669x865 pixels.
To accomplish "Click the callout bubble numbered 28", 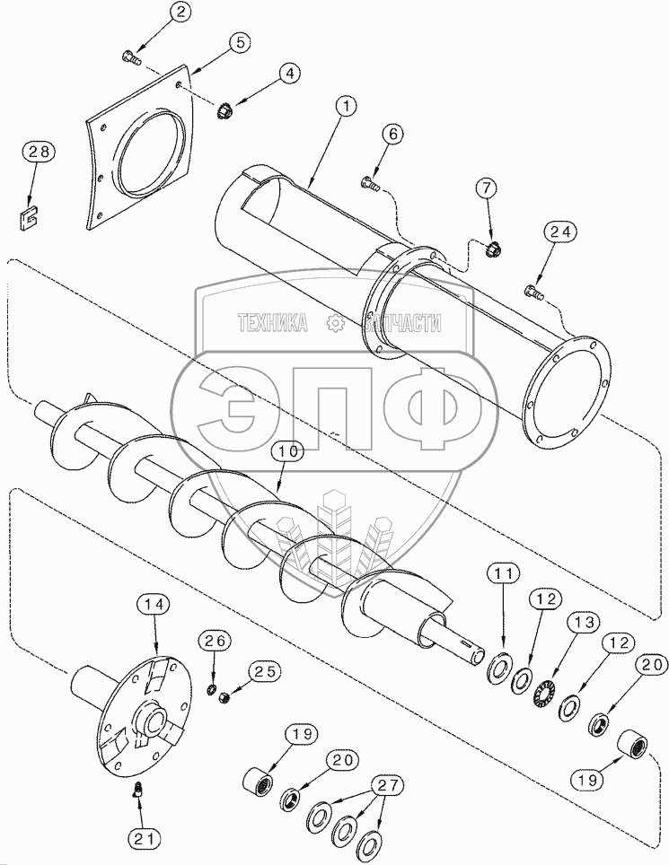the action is tap(39, 151).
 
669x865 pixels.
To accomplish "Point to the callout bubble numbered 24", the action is tap(561, 232).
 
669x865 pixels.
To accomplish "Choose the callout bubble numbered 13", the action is tap(584, 623).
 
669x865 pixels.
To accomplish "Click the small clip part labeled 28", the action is tap(26, 219).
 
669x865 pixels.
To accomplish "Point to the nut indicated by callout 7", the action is tap(490, 250).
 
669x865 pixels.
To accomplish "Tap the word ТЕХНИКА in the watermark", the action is tap(272, 323).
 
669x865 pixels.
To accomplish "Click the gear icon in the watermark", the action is tap(334, 323).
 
